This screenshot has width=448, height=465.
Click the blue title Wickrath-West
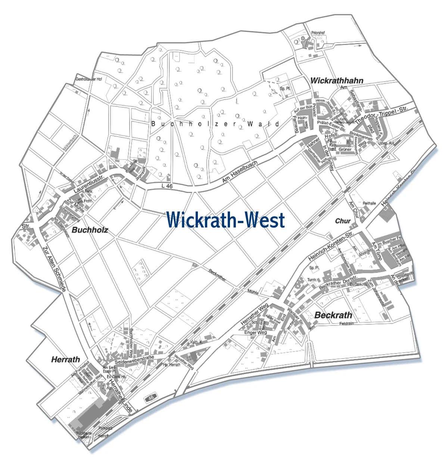coord(225,220)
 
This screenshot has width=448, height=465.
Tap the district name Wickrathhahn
coord(336,81)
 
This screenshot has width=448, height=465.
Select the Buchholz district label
coord(90,230)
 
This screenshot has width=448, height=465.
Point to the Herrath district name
coord(65,360)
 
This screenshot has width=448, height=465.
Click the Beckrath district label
coord(333,315)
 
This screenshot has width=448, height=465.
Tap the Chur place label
coord(342,221)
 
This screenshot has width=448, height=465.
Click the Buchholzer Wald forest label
coord(215,124)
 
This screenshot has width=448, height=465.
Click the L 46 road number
coord(167,186)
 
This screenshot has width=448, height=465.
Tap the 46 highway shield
coord(151,398)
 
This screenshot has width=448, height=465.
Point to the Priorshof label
coord(318,33)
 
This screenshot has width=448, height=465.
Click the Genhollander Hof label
coord(88,79)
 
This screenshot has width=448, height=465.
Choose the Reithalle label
coord(369,203)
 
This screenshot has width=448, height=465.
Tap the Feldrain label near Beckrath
coord(346,324)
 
